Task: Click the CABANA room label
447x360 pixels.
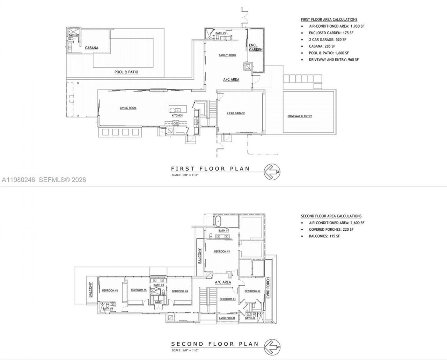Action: point(91,48)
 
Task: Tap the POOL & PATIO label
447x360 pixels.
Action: point(126,72)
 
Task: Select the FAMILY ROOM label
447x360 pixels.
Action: point(227,55)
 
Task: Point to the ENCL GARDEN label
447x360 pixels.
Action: point(255,47)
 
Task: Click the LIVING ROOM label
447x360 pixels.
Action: point(128,108)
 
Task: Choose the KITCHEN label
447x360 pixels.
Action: point(177,115)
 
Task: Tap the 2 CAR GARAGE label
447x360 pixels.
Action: point(236,113)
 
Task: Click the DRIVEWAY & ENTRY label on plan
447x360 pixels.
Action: point(300,116)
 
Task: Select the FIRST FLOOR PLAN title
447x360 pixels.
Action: point(210,168)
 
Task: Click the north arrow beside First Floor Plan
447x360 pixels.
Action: point(272,172)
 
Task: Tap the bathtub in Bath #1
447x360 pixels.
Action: point(217,221)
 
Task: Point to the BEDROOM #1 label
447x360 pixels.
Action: point(222,251)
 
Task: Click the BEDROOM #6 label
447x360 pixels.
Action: point(110,290)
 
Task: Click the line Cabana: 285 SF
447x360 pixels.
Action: point(322,46)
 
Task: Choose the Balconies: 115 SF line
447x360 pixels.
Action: point(324,236)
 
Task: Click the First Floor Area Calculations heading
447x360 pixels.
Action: point(329,20)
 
